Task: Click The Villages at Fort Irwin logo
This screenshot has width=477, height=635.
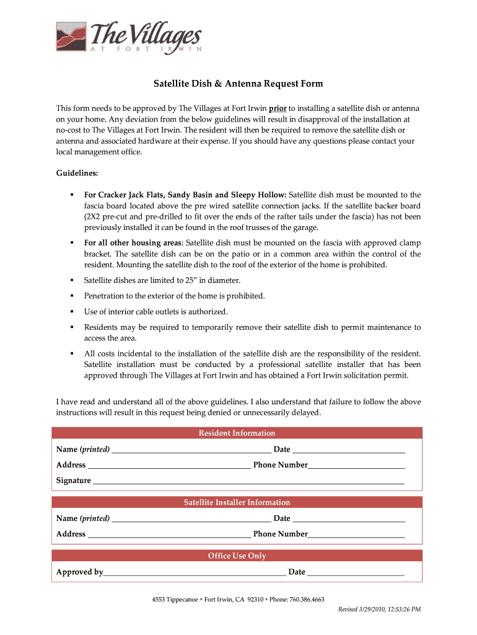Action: point(128,38)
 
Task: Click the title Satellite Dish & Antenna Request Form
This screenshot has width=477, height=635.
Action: point(239,84)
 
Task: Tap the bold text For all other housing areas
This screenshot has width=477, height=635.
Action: point(133,242)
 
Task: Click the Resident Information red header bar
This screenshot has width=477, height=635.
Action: point(237,433)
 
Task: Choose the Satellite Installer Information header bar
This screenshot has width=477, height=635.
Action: point(237,502)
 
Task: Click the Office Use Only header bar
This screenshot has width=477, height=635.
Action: point(237,556)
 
